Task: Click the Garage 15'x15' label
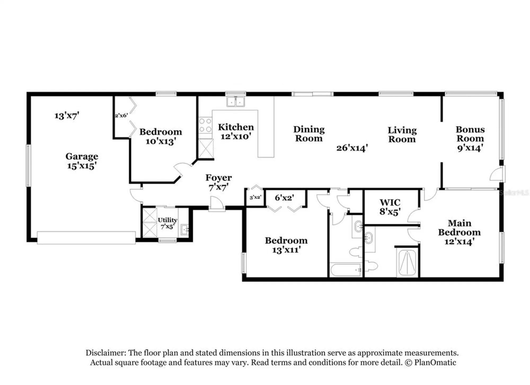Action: click(x=82, y=161)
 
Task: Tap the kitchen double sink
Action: click(x=236, y=102)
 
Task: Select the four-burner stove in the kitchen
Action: click(x=205, y=125)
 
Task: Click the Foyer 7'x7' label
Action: click(x=218, y=182)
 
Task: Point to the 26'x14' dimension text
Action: click(x=352, y=148)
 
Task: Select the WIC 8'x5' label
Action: click(x=390, y=207)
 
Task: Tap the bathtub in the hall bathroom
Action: click(x=346, y=270)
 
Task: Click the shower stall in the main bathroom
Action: click(x=407, y=263)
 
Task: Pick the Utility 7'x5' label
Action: click(x=167, y=223)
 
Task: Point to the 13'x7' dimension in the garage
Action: click(x=67, y=116)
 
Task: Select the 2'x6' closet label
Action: click(x=121, y=115)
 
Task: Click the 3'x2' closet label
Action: click(x=255, y=198)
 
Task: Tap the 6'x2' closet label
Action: click(x=284, y=198)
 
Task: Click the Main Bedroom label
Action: click(x=459, y=232)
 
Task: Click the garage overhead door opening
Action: click(x=86, y=238)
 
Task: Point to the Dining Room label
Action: click(x=309, y=134)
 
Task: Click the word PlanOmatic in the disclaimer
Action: click(x=435, y=362)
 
